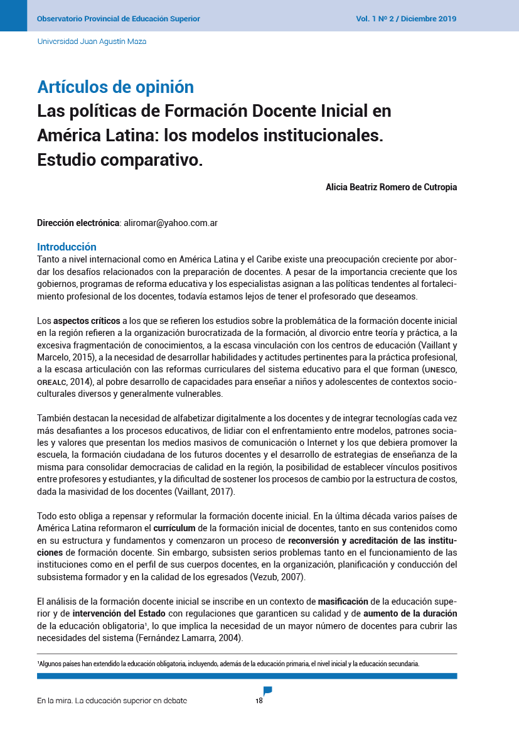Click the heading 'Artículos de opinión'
pyautogui.click(x=115, y=87)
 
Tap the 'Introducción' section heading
pyautogui.click(x=67, y=247)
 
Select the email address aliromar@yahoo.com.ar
pyautogui.click(x=171, y=223)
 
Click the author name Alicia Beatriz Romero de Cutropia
pyautogui.click(x=391, y=187)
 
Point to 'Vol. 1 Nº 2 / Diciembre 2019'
pyautogui.click(x=406, y=19)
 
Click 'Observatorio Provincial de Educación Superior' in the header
pyautogui.click(x=119, y=19)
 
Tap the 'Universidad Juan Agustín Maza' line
pyautogui.click(x=92, y=41)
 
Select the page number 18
pyautogui.click(x=259, y=701)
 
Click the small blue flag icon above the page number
pyautogui.click(x=267, y=691)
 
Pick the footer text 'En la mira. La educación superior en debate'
pyautogui.click(x=112, y=701)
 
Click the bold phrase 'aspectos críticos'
pyautogui.click(x=87, y=321)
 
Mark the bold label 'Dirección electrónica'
pyautogui.click(x=78, y=223)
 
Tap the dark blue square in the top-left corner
pyautogui.click(x=13, y=16)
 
